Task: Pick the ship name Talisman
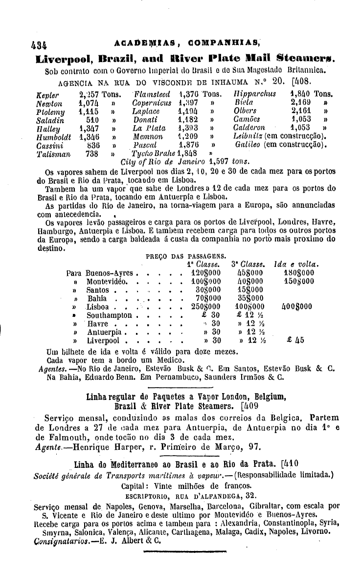pos(53,153)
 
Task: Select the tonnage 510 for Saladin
pos(92,120)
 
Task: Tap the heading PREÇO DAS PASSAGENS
pos(186,256)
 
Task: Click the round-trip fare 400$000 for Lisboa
pos(298,307)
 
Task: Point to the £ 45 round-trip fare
pos(295,341)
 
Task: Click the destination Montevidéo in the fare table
pos(108,282)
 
